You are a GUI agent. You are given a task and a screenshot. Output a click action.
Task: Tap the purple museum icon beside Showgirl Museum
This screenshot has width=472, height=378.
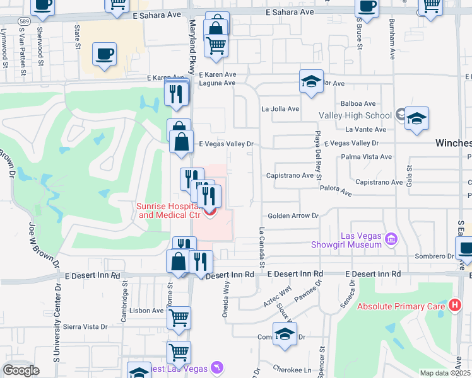[x=391, y=239]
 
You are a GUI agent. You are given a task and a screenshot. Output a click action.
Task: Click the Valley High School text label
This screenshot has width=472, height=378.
[x=355, y=115]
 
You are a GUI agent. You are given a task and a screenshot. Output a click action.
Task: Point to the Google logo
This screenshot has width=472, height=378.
[x=21, y=370]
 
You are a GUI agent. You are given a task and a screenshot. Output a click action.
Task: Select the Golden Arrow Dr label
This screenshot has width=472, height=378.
[x=293, y=215]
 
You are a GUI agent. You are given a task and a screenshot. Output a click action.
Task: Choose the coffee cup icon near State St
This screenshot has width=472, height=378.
[x=105, y=54]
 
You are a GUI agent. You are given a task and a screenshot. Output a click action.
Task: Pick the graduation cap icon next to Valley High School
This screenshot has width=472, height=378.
[x=416, y=118]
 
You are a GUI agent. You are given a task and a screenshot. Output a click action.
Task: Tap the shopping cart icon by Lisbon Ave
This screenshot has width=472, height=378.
[x=179, y=318]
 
